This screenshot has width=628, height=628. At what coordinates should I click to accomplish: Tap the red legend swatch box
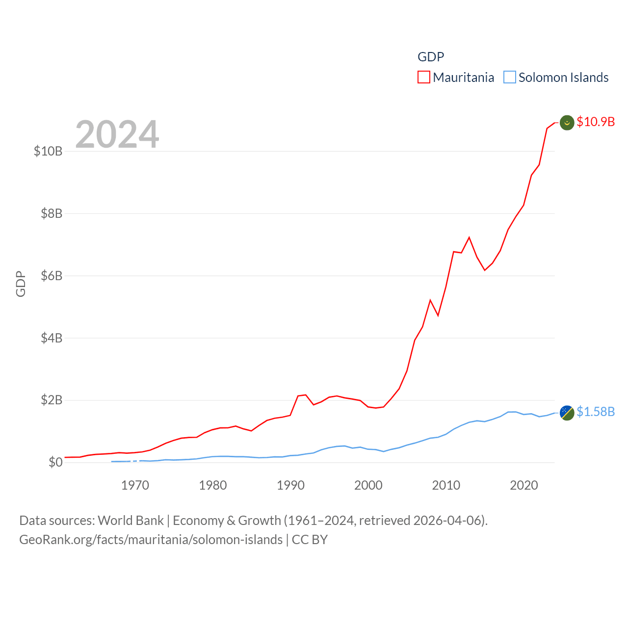click(424, 78)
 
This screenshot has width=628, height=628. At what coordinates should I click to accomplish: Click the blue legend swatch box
click(510, 78)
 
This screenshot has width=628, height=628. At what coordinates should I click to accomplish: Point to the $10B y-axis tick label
click(48, 151)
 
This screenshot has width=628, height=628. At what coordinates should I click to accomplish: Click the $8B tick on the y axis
click(52, 213)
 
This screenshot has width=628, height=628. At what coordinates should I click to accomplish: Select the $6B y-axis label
click(52, 276)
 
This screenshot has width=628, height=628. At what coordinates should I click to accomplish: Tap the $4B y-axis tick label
click(52, 338)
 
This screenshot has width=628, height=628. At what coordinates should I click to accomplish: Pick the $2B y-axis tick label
click(52, 400)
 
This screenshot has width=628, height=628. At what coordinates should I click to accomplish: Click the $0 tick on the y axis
click(55, 462)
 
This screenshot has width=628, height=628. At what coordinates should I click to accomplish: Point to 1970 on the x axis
click(135, 485)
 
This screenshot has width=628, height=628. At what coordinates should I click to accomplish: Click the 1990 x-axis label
click(290, 485)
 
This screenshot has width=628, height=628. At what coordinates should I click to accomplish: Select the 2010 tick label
click(446, 485)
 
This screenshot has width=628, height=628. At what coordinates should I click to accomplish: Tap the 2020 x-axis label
click(524, 485)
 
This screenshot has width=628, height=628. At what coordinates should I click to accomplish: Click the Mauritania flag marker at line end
click(567, 123)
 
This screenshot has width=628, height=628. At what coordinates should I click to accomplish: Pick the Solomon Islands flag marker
click(567, 413)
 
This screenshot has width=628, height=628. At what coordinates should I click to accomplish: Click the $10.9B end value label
click(596, 122)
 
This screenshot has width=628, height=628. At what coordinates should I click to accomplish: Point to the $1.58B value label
click(596, 412)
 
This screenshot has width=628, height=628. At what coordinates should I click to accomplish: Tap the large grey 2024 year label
click(117, 134)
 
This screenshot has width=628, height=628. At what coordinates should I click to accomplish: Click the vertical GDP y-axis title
click(21, 284)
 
